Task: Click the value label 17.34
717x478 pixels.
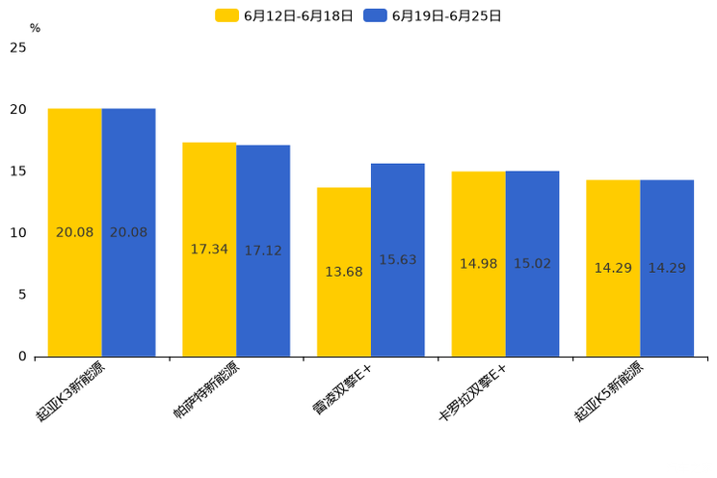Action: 209,250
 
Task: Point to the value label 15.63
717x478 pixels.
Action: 398,260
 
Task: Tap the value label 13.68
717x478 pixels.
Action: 344,272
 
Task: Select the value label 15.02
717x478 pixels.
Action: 532,264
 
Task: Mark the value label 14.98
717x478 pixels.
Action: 478,264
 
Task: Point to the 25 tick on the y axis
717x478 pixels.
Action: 18,47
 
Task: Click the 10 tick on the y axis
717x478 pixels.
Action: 18,233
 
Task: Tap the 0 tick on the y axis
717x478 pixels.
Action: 22,357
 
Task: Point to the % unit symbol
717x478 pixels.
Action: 35,29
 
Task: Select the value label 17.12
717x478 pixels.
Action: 263,251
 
